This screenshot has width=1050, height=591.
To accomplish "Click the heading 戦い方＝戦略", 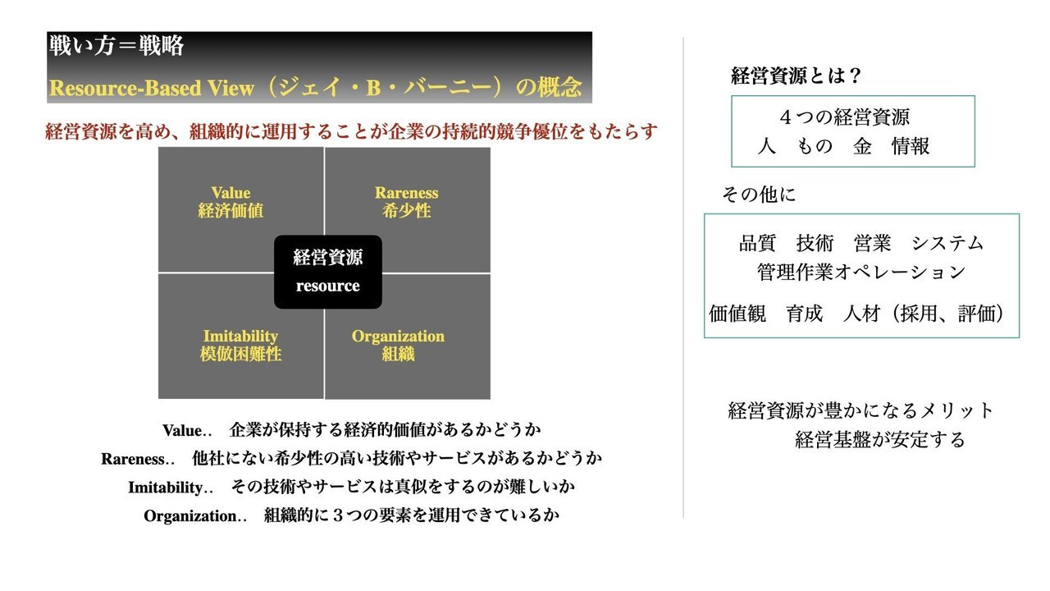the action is [116, 46].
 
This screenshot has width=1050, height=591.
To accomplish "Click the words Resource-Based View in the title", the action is [152, 88].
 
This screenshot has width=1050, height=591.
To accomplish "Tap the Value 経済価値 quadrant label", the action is [231, 202].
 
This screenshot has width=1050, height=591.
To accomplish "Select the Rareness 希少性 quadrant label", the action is [406, 202].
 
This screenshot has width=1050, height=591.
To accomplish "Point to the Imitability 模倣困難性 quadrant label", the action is [240, 346].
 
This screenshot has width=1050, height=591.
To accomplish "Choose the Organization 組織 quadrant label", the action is [398, 346].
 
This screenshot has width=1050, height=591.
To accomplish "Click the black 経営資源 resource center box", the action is [327, 272].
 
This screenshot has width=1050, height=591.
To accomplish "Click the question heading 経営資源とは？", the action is [796, 76].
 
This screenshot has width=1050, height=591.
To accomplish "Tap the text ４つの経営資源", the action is [844, 117].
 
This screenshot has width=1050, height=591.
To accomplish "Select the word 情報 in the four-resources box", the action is [911, 146].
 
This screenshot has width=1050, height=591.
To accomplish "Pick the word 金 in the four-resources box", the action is [862, 146].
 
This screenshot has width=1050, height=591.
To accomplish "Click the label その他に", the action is [759, 195].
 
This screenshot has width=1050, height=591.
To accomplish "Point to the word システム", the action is [947, 243].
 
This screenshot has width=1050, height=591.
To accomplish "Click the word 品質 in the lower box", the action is [757, 243].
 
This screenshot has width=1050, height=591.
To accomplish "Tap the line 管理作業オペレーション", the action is [861, 272].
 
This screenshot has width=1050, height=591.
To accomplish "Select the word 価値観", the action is [737, 314].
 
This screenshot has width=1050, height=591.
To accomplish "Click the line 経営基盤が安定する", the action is [880, 439].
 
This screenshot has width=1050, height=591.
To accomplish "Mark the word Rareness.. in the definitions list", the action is [138, 459].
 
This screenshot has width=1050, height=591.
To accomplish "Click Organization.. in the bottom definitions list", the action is [195, 516].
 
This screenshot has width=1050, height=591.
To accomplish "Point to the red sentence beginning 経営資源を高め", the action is [351, 132].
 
